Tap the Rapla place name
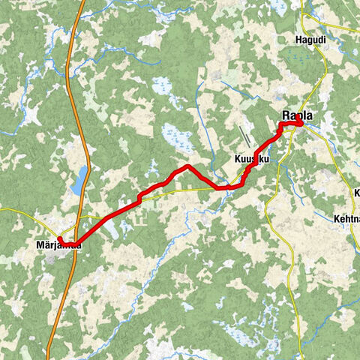[297, 116]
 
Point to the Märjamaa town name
[58, 245]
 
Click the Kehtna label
[345, 220]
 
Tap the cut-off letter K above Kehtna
[356, 193]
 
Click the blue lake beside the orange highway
[78, 180]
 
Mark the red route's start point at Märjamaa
[60, 239]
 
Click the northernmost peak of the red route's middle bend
[186, 166]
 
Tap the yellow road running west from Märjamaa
[22, 212]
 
